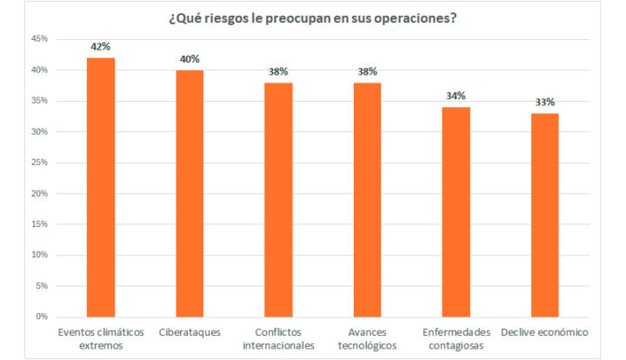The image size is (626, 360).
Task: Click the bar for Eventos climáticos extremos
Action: [101, 187]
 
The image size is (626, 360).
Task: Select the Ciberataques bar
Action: [190, 193]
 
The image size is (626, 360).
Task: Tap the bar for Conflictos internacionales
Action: [278, 199]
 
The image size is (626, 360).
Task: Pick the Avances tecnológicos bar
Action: [367, 199]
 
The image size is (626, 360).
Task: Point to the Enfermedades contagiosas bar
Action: [456, 211]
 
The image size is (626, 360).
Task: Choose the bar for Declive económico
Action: [544, 215]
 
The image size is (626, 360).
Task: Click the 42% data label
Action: [101, 47]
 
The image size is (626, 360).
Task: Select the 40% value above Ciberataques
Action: [190, 59]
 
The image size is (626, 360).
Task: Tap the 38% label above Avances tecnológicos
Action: [367, 72]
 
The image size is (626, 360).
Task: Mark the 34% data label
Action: [456, 97]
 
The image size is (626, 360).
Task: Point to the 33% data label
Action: [544, 103]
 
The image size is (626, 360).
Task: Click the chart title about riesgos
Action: [313, 17]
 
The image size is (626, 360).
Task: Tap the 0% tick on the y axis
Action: [40, 317]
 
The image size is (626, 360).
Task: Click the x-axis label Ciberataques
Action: [190, 332]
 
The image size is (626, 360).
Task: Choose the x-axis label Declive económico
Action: [544, 332]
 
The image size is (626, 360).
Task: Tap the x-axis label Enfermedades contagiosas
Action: [456, 338]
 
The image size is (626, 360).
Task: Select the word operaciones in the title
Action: [410, 17]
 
